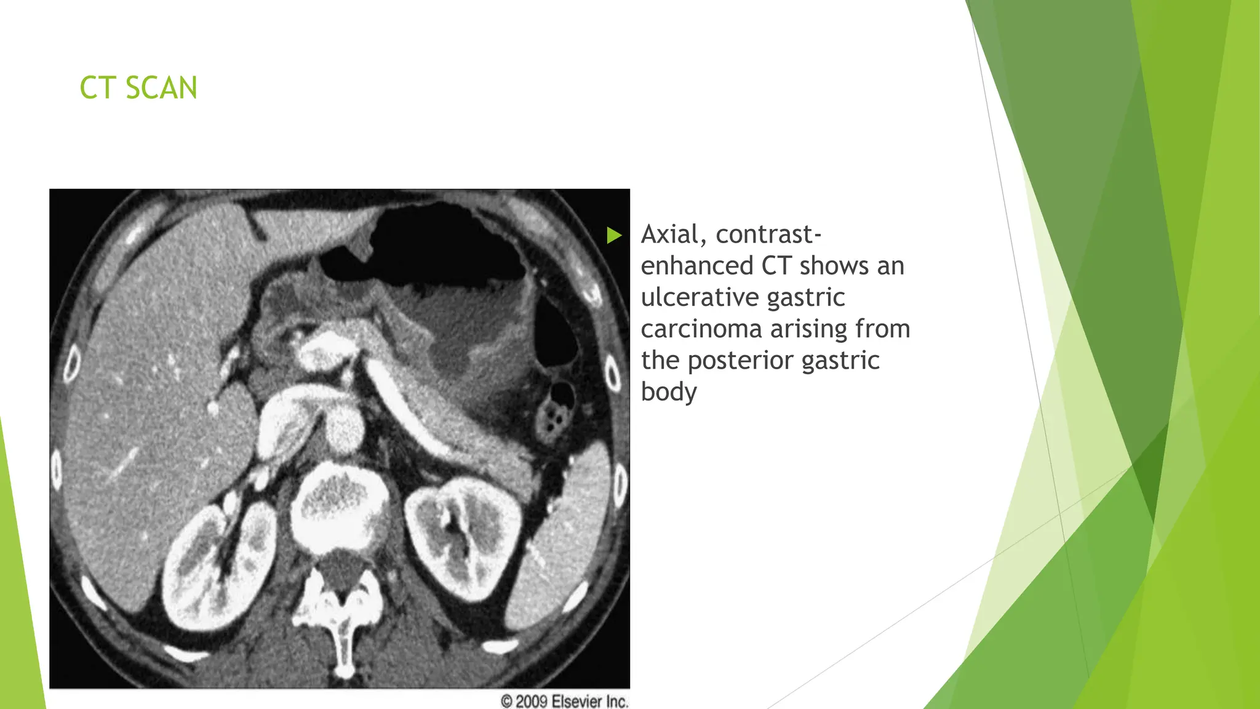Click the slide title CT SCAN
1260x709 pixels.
138,87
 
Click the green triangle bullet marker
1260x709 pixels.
614,235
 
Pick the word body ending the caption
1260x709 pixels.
669,392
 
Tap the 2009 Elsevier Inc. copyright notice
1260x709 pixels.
564,701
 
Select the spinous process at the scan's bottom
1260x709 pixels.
343,646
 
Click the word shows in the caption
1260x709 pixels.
835,266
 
